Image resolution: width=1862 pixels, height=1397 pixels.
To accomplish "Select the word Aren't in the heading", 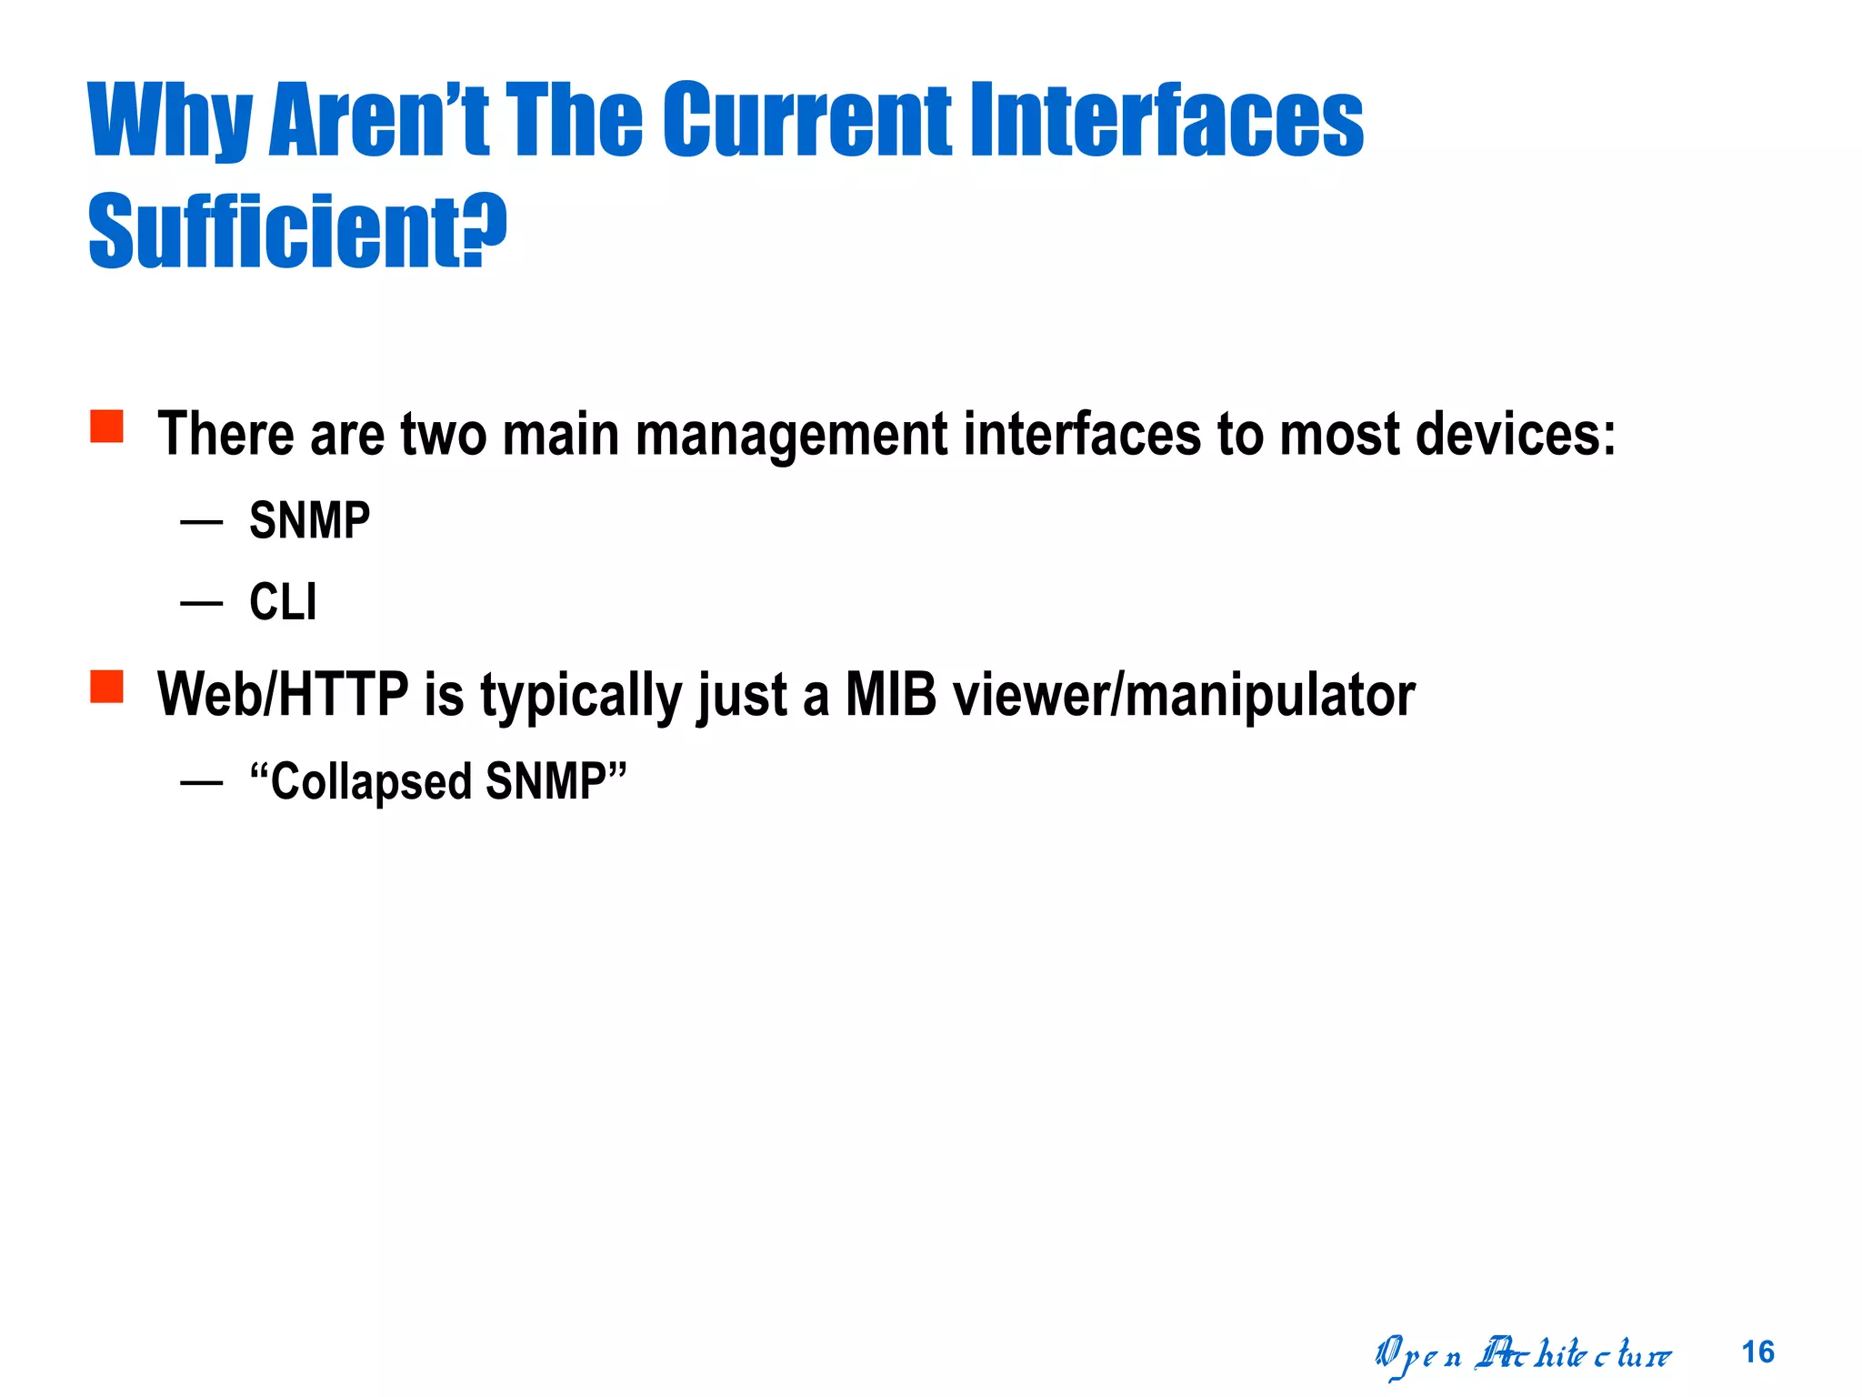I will (x=379, y=119).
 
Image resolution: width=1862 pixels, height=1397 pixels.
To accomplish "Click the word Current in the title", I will (x=806, y=119).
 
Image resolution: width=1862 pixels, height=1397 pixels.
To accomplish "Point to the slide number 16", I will (x=1757, y=1352).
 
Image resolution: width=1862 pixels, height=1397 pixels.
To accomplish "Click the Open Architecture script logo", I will (x=1522, y=1355).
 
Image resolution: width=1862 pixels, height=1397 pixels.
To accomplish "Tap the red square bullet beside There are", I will (x=106, y=426).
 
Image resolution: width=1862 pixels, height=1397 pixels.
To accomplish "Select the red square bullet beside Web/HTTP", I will (x=106, y=687).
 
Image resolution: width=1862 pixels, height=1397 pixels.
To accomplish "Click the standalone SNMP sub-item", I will (x=309, y=521).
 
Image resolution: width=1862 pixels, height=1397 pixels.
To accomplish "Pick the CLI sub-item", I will (x=283, y=602).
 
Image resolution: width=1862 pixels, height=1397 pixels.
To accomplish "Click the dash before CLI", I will (x=201, y=603).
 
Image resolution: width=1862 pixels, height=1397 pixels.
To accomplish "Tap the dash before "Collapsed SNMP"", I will (x=201, y=782).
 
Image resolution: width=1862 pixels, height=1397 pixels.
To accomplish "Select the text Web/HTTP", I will (x=283, y=695).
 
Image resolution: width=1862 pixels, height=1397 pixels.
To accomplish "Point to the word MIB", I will (x=890, y=695).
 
